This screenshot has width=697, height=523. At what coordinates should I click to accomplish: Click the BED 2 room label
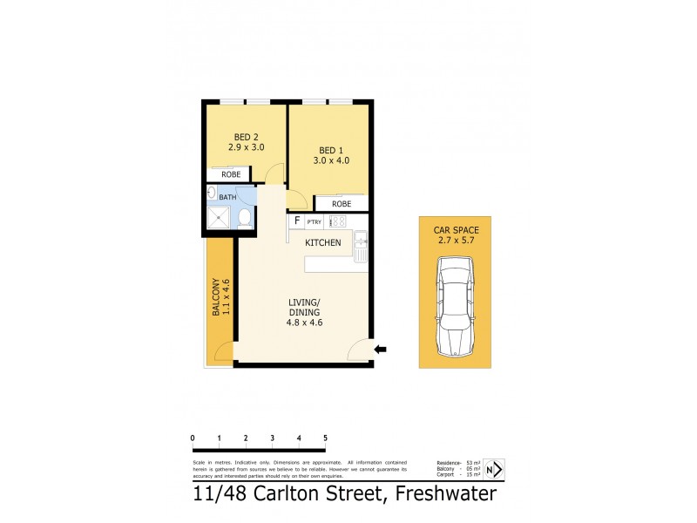(246, 137)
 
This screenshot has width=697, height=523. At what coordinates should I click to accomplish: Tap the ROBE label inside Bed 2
(231, 175)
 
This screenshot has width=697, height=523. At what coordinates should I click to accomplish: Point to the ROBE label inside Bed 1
(342, 204)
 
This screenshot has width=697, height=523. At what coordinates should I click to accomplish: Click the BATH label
(227, 198)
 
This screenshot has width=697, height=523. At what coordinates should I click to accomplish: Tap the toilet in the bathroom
(246, 217)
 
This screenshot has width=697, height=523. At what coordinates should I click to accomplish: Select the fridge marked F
(297, 221)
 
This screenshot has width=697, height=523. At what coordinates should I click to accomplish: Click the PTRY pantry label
(314, 222)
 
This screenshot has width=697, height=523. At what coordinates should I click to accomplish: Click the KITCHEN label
(322, 242)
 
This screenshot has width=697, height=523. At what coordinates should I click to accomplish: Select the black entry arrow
(380, 350)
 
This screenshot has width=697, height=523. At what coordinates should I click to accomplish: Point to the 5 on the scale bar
(325, 438)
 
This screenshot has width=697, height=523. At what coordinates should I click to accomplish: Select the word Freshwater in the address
(445, 495)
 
